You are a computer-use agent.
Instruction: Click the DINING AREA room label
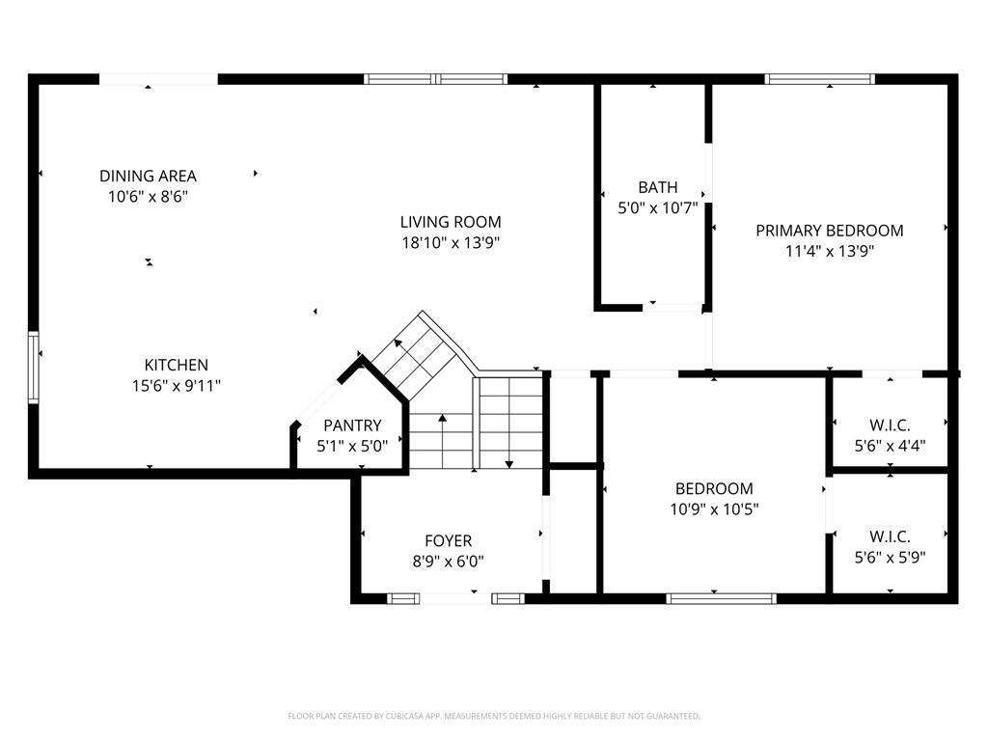pos(148,176)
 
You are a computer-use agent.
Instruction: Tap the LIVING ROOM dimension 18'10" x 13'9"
pos(451,243)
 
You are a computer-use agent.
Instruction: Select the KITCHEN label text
pos(176,365)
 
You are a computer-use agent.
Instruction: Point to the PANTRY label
pos(352,425)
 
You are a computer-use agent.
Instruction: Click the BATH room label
pos(657,187)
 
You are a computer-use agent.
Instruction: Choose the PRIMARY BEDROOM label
pos(829,231)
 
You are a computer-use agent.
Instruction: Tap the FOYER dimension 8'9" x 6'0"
pos(449,561)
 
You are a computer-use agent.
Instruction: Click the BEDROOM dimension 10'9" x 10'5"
pos(714,508)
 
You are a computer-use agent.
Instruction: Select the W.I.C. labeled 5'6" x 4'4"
pos(890,445)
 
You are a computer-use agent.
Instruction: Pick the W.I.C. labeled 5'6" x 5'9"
pos(890,556)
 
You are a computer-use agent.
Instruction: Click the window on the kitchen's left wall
pos(34,367)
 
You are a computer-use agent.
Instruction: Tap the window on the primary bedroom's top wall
pos(819,79)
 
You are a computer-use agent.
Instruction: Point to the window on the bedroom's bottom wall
pos(721,598)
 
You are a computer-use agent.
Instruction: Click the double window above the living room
pos(435,79)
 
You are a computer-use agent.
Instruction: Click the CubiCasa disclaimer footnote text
pos(494,716)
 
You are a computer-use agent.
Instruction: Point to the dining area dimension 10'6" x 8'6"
pos(148,196)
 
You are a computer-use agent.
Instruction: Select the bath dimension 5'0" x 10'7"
pos(657,207)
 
